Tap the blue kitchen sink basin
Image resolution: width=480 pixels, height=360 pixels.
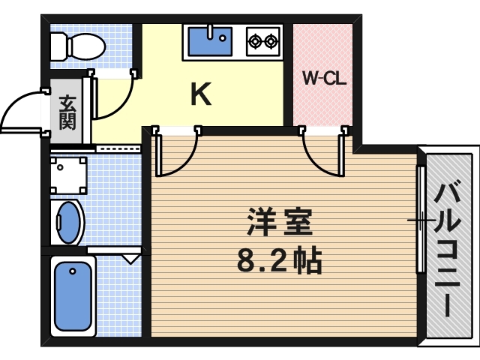210,41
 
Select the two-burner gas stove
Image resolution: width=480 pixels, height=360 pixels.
263,40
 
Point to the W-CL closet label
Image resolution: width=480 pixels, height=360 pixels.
323,77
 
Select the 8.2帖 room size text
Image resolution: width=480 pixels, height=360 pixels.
279,260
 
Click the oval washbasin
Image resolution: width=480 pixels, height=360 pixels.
70,222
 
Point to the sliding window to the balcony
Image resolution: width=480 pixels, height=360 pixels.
421,220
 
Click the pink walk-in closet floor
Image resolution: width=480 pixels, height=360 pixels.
322,105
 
